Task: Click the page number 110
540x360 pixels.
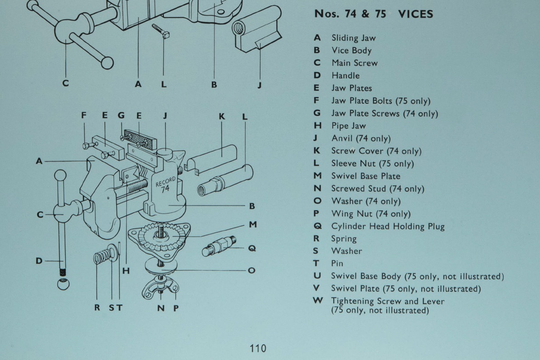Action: (257, 348)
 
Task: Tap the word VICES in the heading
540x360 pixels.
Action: (415, 14)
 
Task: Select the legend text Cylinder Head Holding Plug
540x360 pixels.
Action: (388, 226)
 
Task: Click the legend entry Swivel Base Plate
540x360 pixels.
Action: (366, 176)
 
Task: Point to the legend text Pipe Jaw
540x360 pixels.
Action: (349, 126)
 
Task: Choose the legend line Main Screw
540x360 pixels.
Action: (354, 63)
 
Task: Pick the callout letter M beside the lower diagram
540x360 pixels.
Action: (252, 224)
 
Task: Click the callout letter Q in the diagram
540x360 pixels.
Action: (252, 248)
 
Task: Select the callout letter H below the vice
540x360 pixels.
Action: (126, 271)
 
